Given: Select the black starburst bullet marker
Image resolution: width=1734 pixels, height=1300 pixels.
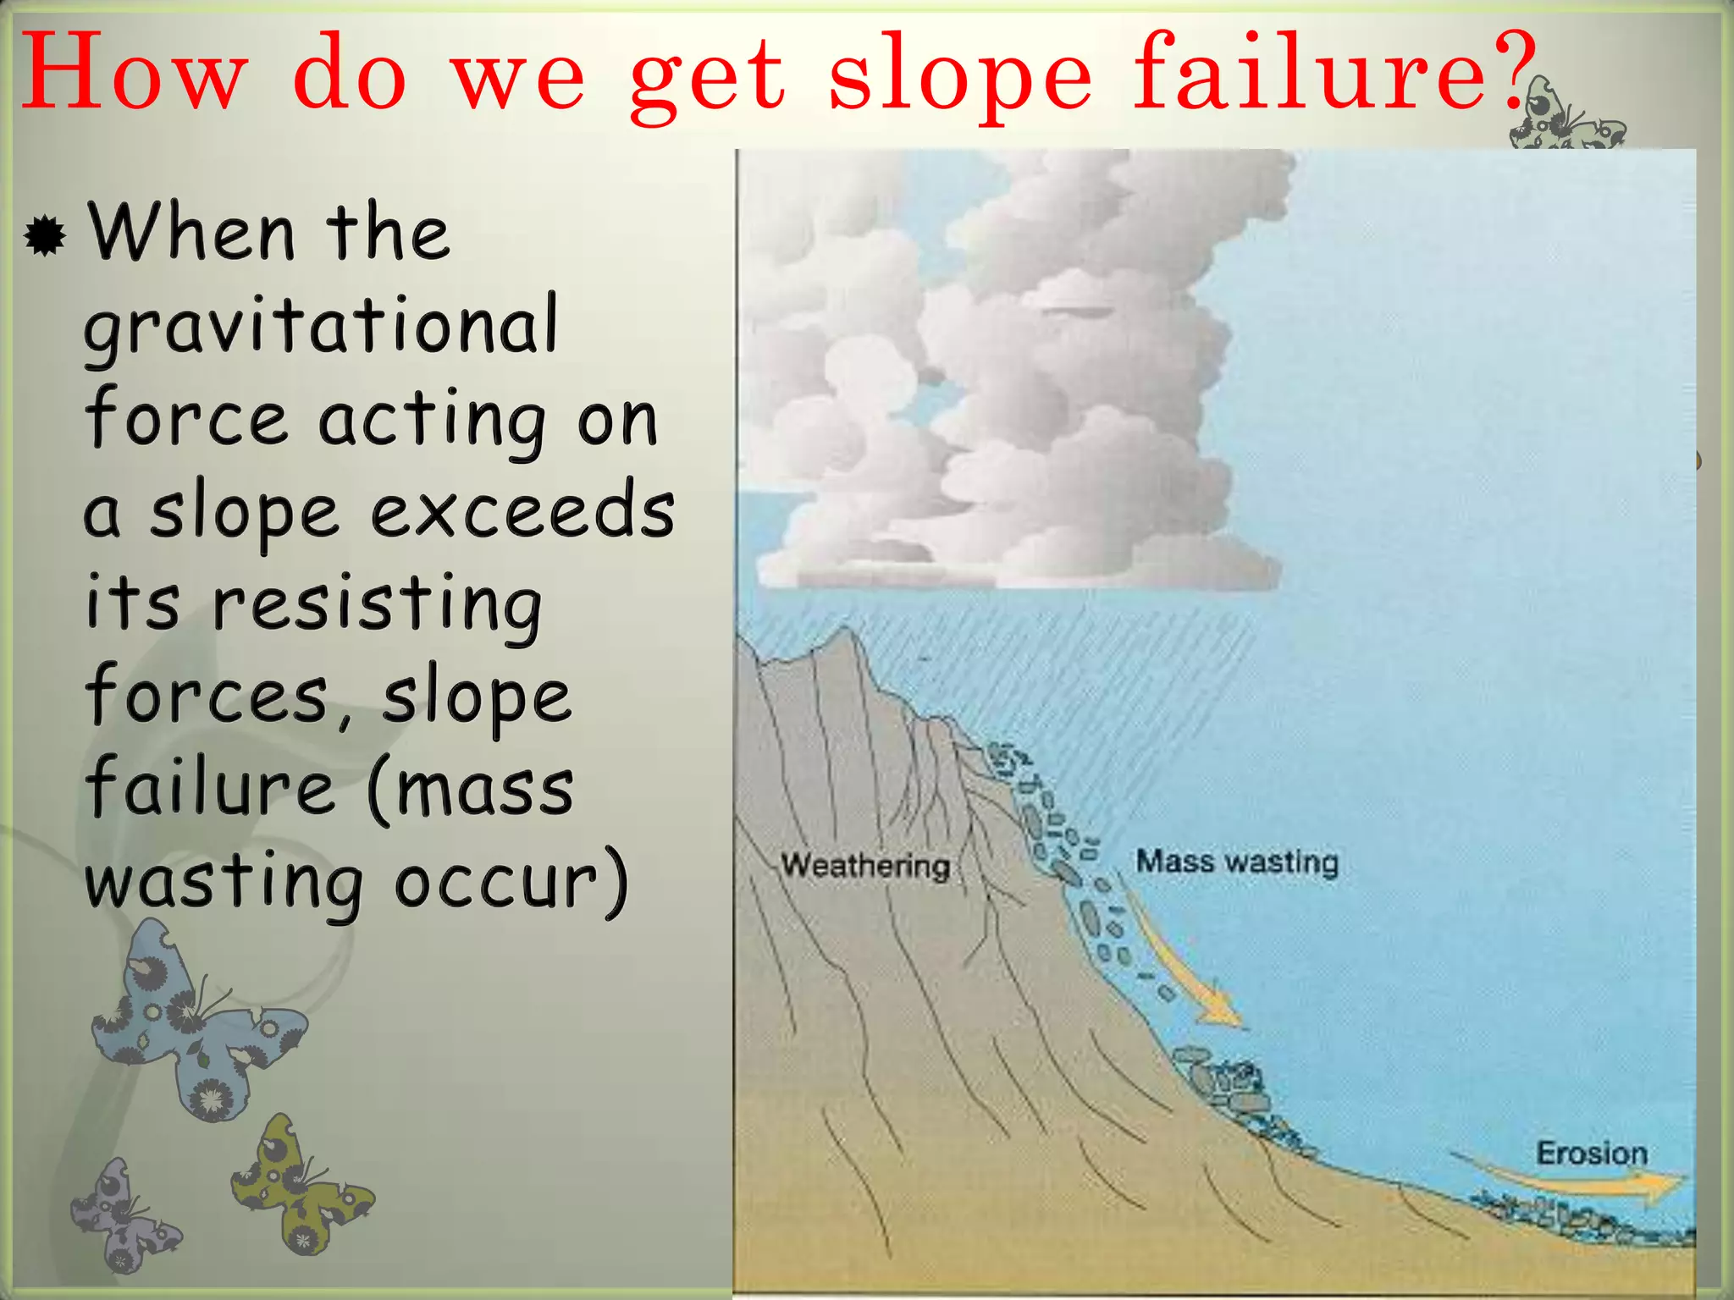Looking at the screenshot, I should [45, 235].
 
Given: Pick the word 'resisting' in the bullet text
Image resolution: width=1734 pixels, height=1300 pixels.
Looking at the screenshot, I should [377, 604].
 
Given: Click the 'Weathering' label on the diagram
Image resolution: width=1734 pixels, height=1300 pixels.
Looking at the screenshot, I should [865, 865].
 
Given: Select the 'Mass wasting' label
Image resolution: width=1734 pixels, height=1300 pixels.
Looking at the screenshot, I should [1237, 862].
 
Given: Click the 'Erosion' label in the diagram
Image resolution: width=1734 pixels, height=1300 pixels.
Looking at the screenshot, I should [1592, 1153].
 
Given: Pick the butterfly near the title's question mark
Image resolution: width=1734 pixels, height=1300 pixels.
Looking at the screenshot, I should [1566, 118].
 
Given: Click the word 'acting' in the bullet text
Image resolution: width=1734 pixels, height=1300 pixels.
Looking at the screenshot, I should [433, 420].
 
